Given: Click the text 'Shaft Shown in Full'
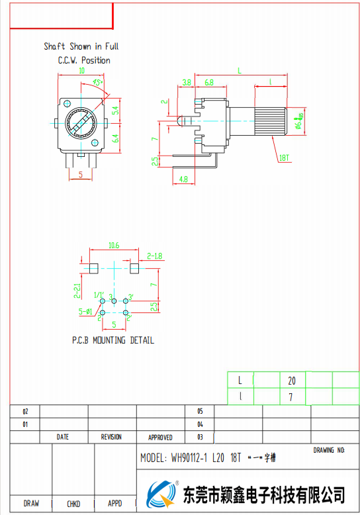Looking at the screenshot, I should [81, 46].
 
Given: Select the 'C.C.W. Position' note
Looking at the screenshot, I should [84, 60].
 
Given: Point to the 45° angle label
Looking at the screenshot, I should [99, 83].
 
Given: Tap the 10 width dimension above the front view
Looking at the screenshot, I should [81, 71].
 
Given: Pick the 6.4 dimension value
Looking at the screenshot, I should [115, 138].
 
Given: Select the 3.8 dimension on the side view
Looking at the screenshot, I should [187, 83].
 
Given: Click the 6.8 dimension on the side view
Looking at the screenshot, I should [208, 83].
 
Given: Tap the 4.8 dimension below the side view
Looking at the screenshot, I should [183, 179].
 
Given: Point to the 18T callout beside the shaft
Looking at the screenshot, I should [285, 158].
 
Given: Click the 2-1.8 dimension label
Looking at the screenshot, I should [154, 255].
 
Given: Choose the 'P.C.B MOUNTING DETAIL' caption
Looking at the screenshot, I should [113, 340].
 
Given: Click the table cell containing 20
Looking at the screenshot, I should [292, 381].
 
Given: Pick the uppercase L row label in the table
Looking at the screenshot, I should [240, 381].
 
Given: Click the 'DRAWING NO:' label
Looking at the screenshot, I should [329, 450].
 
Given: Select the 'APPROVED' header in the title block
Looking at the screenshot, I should [160, 437].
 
